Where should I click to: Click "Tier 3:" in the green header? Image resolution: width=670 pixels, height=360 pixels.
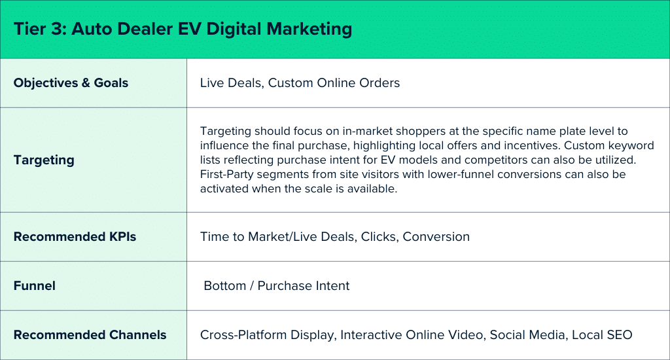40,29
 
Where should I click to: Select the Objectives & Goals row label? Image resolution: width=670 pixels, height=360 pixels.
71,83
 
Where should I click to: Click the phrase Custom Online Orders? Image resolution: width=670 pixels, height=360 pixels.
334,83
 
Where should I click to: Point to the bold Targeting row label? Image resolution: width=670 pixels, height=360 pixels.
44,160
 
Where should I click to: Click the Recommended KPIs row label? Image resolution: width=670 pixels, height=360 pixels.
75,237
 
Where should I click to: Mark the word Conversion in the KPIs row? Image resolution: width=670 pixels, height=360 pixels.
436,237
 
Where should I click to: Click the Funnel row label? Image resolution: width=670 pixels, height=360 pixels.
35,285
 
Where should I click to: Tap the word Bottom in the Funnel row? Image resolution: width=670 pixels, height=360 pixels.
225,285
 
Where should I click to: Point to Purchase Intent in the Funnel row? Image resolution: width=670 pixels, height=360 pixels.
304,285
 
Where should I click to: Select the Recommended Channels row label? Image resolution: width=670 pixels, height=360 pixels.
90,334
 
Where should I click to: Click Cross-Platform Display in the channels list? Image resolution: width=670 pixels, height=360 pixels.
267,335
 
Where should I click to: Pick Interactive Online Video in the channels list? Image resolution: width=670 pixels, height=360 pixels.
412,334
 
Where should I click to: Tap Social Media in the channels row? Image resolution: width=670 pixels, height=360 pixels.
527,334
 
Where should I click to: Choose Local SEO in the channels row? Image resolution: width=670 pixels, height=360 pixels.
602,334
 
